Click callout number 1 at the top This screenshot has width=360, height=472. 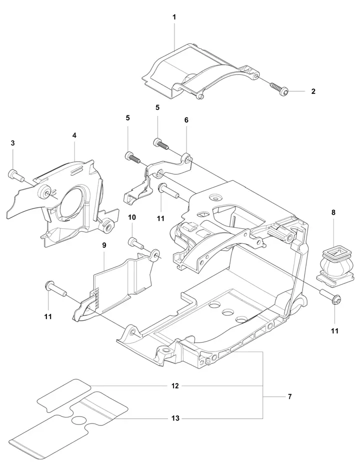point(174,17)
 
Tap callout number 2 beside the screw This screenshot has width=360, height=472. point(313,91)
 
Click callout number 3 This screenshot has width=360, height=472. point(12,143)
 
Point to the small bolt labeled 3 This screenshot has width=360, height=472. point(16,176)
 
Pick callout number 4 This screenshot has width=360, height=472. point(74,135)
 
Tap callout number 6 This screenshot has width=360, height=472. point(186,120)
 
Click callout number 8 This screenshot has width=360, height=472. point(333,212)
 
